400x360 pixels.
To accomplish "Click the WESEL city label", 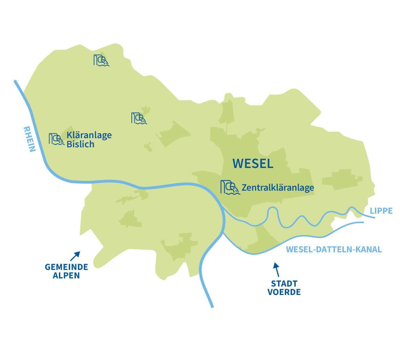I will coord(253,164).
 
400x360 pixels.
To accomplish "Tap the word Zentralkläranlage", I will coord(278,187).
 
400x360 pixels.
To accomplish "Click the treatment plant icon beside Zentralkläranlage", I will coord(230,187).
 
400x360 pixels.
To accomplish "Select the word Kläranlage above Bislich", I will coord(89,135).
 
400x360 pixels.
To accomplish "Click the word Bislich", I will coord(80,144).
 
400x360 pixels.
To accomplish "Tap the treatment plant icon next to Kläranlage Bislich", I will coord(56,139).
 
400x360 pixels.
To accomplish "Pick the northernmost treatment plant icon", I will coord(101,60).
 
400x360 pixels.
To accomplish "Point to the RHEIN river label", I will coord(29,139).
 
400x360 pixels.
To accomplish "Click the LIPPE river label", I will coord(381,211).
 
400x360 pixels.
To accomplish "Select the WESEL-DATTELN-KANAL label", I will coord(334,250).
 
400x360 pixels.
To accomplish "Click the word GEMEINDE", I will coord(66,267).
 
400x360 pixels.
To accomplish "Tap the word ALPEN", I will coord(66,275).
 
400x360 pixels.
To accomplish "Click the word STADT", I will coord(284,283).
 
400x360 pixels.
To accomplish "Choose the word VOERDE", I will coord(284,292).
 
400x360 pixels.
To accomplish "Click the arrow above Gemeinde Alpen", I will coord(75,256).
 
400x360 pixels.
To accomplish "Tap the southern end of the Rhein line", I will coord(212,306).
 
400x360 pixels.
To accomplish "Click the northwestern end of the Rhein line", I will coord(15,81).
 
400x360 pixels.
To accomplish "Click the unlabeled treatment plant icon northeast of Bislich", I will coord(139,118).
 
